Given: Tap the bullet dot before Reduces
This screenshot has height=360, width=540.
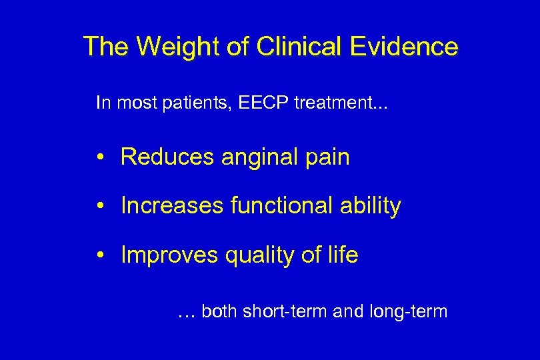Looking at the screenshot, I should pyautogui.click(x=99, y=157).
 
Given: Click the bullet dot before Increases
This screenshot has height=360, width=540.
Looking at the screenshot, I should pyautogui.click(x=99, y=207).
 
